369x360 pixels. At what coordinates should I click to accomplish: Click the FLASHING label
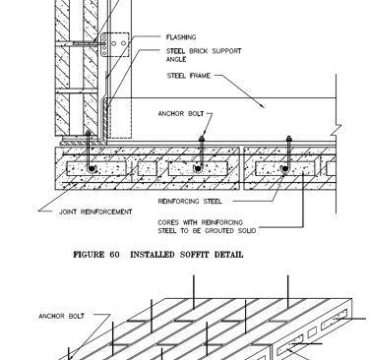181,37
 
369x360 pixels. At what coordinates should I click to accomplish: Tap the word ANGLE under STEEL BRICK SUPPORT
176,59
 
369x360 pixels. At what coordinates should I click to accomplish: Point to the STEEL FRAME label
189,76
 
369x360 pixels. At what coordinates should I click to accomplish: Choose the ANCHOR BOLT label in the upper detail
181,114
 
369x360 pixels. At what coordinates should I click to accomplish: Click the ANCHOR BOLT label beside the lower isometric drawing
62,316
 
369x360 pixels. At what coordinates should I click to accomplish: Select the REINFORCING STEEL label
190,201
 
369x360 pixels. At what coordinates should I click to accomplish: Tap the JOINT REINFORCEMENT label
95,211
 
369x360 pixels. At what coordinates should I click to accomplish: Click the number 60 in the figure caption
115,255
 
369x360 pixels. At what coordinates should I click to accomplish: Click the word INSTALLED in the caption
153,255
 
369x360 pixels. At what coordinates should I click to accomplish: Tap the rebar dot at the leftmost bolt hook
92,169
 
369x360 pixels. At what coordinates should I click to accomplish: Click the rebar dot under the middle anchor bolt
198,169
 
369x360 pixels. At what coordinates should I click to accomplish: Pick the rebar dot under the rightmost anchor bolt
285,169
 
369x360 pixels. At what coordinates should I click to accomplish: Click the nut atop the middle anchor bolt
202,140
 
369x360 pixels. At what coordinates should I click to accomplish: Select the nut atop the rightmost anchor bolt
289,139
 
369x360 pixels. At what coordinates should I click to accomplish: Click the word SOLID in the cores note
247,231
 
